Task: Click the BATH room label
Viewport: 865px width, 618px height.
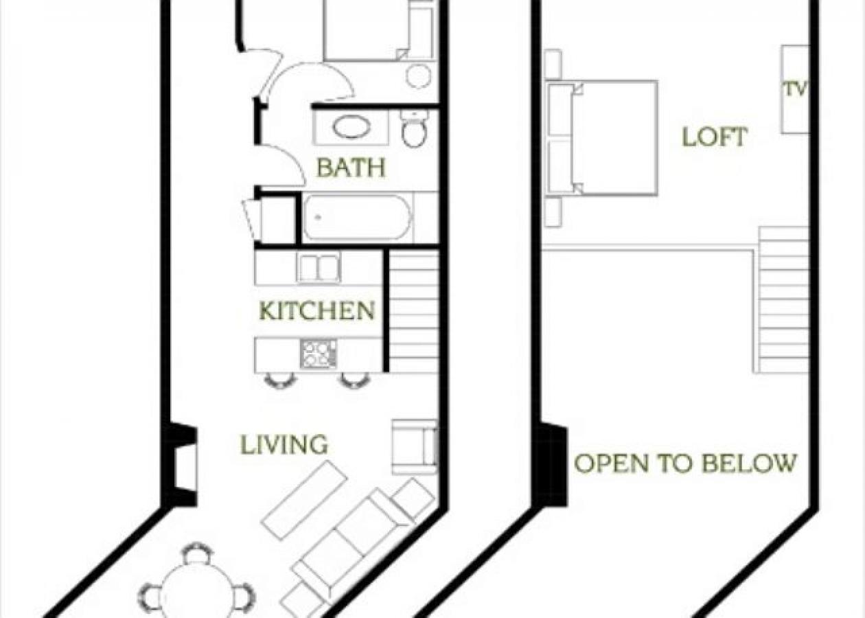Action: pyautogui.click(x=351, y=168)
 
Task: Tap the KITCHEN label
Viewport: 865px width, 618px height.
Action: pyautogui.click(x=317, y=311)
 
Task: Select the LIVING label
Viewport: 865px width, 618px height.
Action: pyautogui.click(x=284, y=445)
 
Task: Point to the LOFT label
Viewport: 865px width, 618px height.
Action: pyautogui.click(x=714, y=137)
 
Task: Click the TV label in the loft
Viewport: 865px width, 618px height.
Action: pyautogui.click(x=795, y=89)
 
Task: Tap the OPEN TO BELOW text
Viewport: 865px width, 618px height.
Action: pyautogui.click(x=685, y=463)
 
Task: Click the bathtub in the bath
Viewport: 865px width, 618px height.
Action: pyautogui.click(x=357, y=218)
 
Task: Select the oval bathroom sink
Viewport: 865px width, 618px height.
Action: pyautogui.click(x=351, y=127)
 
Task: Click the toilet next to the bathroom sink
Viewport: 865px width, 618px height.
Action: pyautogui.click(x=415, y=129)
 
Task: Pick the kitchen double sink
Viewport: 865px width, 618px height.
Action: pyautogui.click(x=319, y=268)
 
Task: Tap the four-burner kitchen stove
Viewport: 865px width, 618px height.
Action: pyautogui.click(x=319, y=354)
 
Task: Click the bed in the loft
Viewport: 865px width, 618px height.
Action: pyautogui.click(x=604, y=137)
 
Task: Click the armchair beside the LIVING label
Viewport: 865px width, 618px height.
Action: pyautogui.click(x=415, y=446)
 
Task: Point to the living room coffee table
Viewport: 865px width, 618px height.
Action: pyautogui.click(x=304, y=500)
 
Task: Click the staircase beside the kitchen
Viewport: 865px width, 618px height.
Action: pyautogui.click(x=414, y=312)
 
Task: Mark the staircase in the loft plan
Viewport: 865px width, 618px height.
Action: pyautogui.click(x=784, y=299)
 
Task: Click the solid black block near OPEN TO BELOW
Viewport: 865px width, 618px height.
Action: pyautogui.click(x=553, y=465)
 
